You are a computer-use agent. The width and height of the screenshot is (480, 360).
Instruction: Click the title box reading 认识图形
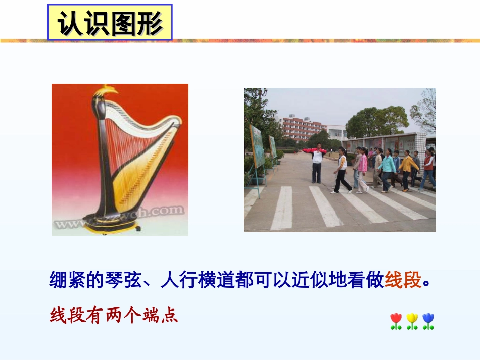[110, 22]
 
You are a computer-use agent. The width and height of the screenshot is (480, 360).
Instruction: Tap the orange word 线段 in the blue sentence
[403, 279]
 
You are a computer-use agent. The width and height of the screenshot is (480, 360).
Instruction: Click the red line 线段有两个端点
[114, 316]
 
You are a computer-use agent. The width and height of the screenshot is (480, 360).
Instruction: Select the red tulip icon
[396, 320]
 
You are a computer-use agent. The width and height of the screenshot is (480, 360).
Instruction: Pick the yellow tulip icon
[412, 320]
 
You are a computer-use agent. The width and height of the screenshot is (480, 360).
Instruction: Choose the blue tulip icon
[428, 320]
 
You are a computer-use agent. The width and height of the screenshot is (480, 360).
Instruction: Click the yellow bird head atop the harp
[109, 91]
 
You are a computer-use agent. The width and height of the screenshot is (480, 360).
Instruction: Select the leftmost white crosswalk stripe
[282, 208]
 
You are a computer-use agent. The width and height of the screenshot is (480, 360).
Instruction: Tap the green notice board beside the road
[257, 146]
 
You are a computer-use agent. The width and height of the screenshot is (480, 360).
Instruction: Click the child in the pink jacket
[362, 169]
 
